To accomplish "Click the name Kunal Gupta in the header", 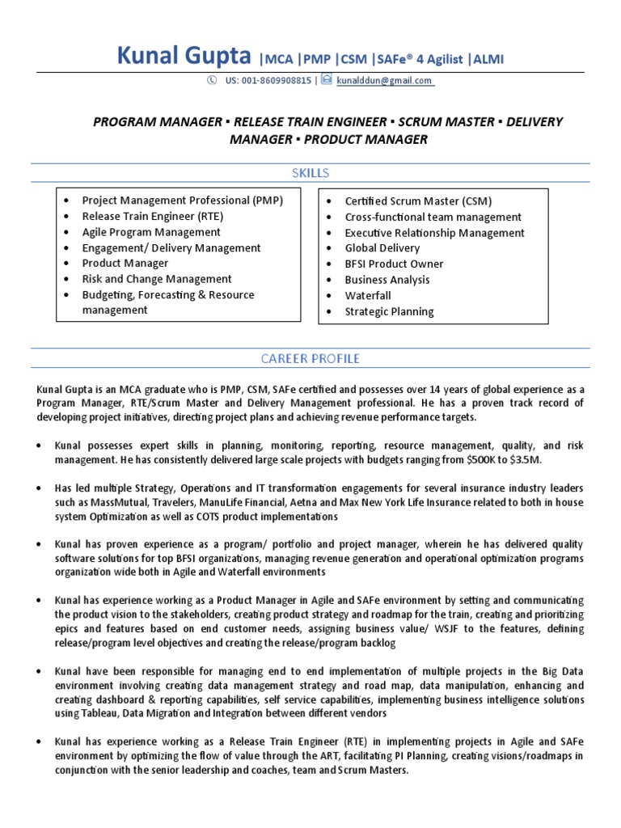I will tap(185, 56).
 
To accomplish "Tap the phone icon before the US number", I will tap(211, 80).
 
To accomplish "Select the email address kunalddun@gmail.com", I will tap(386, 81).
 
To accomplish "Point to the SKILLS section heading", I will tap(310, 173).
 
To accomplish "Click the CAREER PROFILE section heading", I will tap(310, 358).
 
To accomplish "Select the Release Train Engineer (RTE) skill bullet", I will tap(153, 217).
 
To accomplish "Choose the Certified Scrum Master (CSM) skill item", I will tap(418, 201).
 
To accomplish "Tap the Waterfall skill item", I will tap(368, 296).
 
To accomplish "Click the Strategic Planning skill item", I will tap(389, 311).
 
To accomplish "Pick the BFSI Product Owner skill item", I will tap(394, 264).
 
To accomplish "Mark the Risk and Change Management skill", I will tap(157, 279).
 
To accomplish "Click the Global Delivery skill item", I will tap(382, 248).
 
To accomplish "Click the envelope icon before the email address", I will tap(326, 80).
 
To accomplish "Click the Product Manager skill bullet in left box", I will tap(125, 264).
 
